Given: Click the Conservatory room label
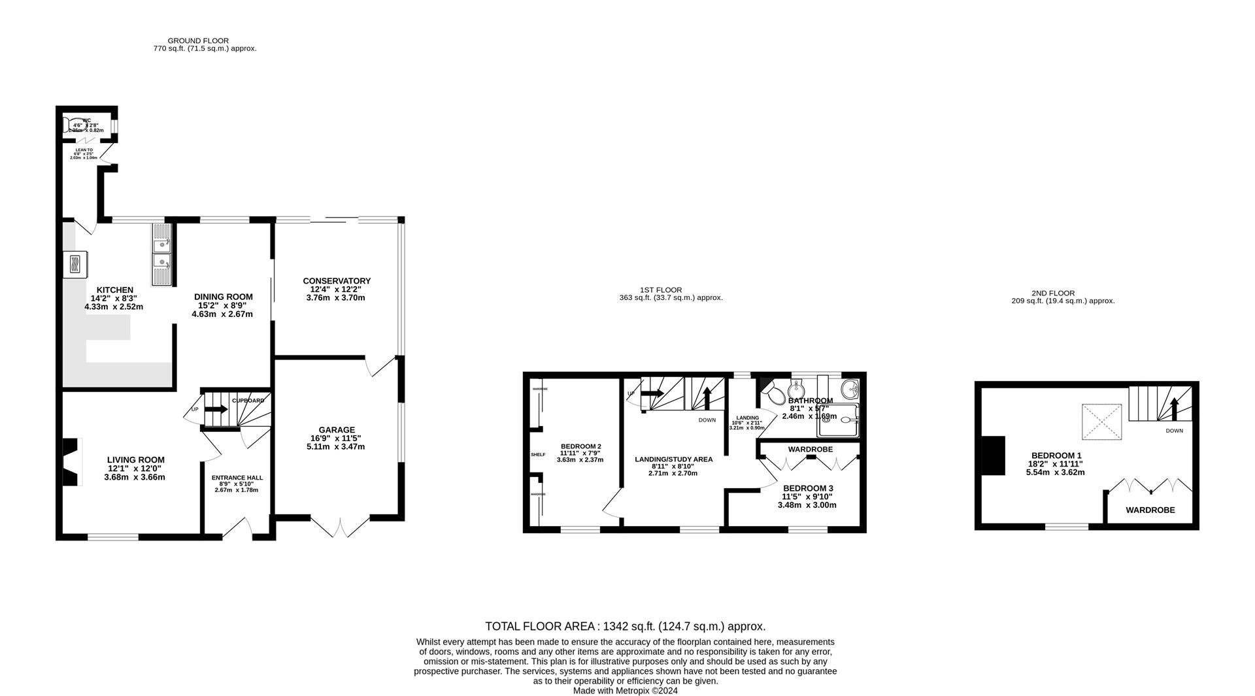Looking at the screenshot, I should (x=337, y=281).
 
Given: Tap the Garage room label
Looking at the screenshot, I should (x=337, y=430).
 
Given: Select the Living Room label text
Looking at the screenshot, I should (x=136, y=460).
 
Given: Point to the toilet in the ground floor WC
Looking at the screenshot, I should (x=71, y=125).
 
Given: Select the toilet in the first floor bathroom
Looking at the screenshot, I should (x=774, y=393).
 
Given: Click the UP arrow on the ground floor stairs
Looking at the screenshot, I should (x=216, y=410).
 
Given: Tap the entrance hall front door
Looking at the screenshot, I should (x=237, y=528).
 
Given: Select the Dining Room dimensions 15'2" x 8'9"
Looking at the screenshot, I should (x=222, y=305).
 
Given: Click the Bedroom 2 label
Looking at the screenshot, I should (x=580, y=446).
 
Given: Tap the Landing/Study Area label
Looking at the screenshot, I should (x=673, y=459).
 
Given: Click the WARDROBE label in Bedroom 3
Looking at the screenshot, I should (x=810, y=450).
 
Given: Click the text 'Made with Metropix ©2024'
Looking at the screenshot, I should (x=625, y=690).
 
